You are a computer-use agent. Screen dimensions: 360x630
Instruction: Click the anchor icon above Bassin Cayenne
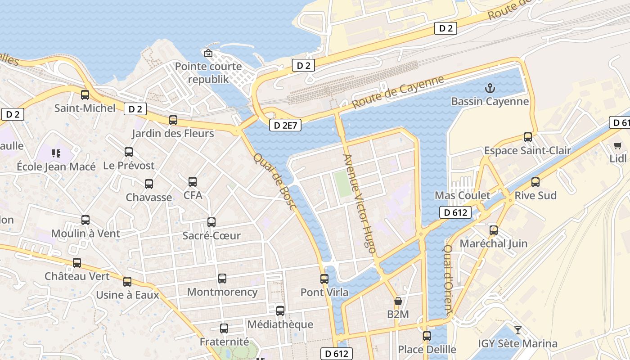point(489,87)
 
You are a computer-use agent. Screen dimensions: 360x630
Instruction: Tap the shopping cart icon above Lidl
point(618,145)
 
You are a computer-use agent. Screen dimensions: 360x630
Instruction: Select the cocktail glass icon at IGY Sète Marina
point(518,330)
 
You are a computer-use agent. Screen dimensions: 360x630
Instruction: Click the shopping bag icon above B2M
point(398,301)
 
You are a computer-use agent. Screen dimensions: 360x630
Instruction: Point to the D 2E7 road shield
point(285,126)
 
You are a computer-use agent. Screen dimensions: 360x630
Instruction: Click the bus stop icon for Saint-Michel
point(85,95)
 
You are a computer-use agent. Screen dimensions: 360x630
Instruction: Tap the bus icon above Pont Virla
point(324,279)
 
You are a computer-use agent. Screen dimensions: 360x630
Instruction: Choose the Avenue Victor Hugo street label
point(359,203)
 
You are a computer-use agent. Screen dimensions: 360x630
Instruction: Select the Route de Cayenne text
point(398,92)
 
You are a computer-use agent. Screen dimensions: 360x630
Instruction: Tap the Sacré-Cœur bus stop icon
point(211,222)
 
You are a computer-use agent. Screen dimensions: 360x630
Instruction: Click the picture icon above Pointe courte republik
point(208,54)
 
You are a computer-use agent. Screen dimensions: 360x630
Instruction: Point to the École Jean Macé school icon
point(56,153)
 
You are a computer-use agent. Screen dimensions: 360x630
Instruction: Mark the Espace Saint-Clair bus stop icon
point(528,137)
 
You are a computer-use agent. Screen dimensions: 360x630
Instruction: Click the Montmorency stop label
point(222,292)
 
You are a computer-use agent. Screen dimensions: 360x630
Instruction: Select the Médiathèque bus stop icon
point(280,311)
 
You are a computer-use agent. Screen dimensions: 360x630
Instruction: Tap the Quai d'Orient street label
point(448,279)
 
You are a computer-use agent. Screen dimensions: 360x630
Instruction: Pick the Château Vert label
point(77,276)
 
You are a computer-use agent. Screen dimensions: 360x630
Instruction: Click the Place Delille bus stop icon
point(427,336)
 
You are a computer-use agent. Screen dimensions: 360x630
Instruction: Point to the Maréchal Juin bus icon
point(494,230)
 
